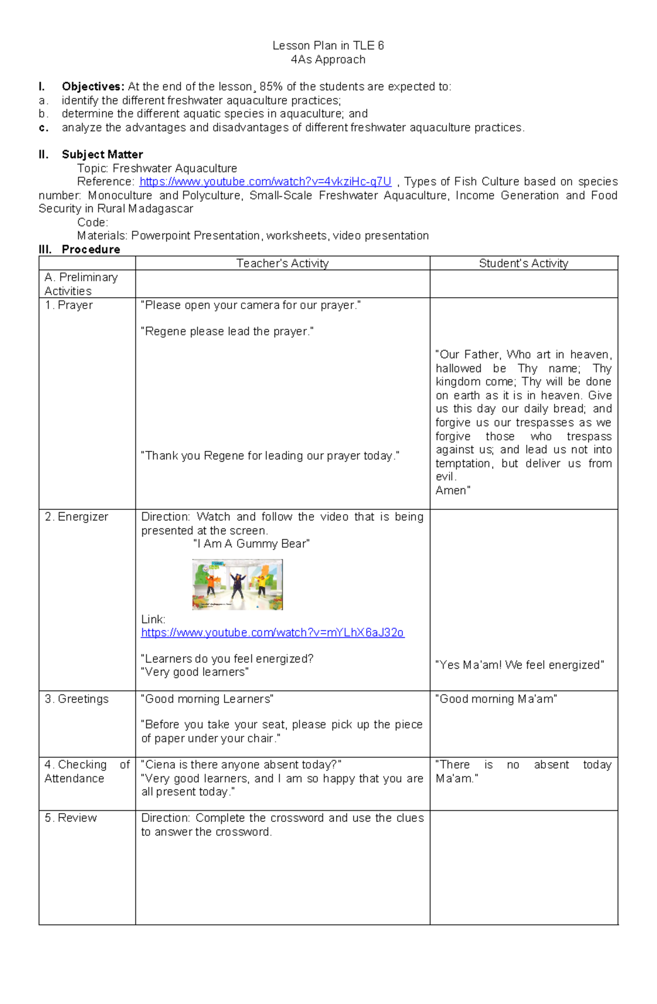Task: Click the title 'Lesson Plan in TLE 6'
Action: click(328, 45)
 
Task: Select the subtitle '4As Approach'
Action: click(328, 60)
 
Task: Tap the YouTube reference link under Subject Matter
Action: click(266, 182)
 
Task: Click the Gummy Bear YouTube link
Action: click(272, 632)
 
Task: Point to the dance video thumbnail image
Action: click(238, 584)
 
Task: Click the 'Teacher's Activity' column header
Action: click(283, 263)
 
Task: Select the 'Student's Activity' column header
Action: click(523, 263)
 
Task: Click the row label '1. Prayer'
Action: click(68, 305)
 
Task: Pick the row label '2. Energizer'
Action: click(76, 516)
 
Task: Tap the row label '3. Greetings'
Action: click(77, 699)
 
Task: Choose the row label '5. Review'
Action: click(71, 817)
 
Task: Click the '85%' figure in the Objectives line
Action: click(271, 86)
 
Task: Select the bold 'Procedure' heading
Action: click(91, 249)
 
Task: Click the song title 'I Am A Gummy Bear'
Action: click(252, 543)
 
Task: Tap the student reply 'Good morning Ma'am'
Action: click(496, 699)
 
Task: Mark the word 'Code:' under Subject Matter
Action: click(93, 222)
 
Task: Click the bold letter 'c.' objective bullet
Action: click(44, 127)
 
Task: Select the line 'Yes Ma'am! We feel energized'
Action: click(520, 665)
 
